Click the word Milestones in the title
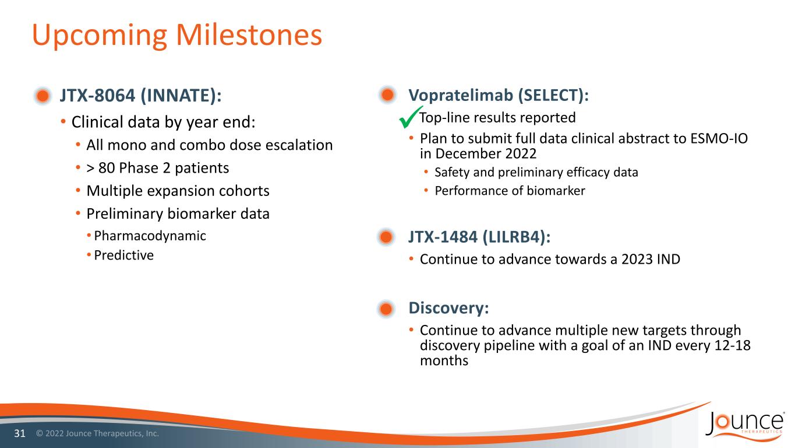click(x=249, y=34)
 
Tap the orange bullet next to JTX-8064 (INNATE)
click(x=43, y=96)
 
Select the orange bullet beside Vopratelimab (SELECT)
click(x=387, y=95)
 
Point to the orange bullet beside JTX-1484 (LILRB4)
click(x=386, y=237)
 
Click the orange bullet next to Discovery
click(x=386, y=308)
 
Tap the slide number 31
click(x=20, y=433)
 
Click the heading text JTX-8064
click(x=97, y=95)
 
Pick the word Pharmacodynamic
click(x=150, y=236)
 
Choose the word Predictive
click(x=124, y=256)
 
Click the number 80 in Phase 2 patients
click(x=106, y=168)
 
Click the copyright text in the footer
click(x=98, y=433)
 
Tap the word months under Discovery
click(x=444, y=361)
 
